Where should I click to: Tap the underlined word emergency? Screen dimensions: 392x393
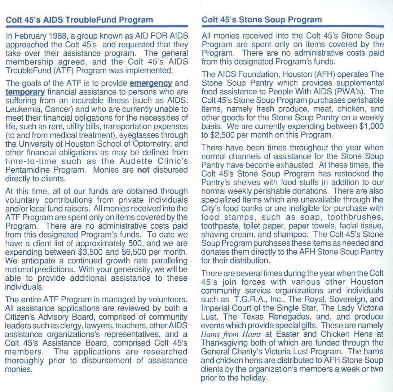point(150,83)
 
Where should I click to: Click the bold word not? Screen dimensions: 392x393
point(143,170)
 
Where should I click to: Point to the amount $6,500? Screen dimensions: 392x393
point(134,251)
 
